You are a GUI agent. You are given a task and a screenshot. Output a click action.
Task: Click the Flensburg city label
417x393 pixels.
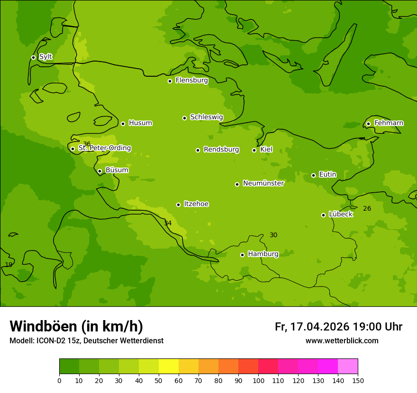click(x=191, y=80)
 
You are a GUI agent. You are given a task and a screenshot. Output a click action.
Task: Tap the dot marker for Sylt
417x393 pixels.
click(x=33, y=57)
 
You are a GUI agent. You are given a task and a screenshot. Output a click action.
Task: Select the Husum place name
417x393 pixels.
click(x=140, y=123)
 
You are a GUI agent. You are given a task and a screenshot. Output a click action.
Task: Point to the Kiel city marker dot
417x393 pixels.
click(x=254, y=150)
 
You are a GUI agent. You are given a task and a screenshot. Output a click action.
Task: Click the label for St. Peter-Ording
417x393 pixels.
click(x=104, y=148)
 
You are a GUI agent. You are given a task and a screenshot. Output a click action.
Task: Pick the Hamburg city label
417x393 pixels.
click(x=263, y=254)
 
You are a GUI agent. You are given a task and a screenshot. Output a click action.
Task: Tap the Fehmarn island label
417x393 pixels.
click(x=389, y=123)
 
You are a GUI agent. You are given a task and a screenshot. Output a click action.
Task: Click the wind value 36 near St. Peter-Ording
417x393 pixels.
click(x=87, y=144)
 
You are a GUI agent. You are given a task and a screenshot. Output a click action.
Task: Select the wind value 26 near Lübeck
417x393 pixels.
click(x=367, y=208)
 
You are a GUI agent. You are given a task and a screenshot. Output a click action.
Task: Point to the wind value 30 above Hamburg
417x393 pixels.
click(x=273, y=235)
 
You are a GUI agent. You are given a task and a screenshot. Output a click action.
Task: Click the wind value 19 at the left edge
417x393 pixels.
click(x=9, y=265)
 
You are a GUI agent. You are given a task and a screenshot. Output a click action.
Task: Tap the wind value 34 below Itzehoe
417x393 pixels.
click(x=168, y=223)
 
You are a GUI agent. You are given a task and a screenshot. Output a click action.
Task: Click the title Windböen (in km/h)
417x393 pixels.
click(x=76, y=326)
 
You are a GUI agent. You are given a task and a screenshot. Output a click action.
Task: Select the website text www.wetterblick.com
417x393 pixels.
click(x=342, y=340)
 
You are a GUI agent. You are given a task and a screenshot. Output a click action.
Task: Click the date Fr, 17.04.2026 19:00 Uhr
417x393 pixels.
click(x=338, y=327)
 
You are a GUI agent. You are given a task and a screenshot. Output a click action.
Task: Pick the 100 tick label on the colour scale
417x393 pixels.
click(x=258, y=380)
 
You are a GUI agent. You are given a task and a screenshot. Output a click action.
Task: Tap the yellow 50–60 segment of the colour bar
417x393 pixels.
click(x=169, y=366)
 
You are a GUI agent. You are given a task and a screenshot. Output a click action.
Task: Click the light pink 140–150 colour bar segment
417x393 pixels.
click(x=348, y=366)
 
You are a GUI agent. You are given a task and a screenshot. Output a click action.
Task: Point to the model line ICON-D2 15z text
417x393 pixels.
click(x=86, y=340)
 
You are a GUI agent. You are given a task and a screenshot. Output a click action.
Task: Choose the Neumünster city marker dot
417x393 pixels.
click(x=237, y=184)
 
